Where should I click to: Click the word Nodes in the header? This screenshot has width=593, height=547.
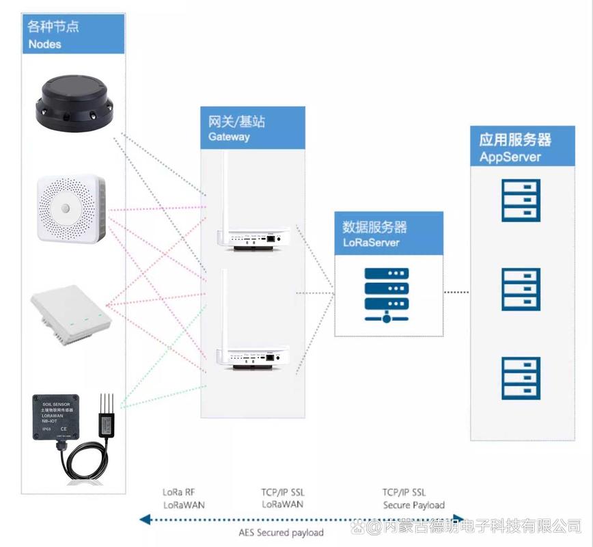[45, 44]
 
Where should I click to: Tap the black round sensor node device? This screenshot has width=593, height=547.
[75, 103]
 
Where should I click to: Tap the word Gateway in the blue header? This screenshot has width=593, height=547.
[230, 137]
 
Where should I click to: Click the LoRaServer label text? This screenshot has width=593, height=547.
[371, 243]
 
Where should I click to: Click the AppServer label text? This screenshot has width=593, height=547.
[510, 157]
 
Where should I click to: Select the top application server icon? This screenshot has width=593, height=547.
[521, 200]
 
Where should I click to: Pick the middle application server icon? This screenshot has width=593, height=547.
[521, 289]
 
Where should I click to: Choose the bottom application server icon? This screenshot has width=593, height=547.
[521, 377]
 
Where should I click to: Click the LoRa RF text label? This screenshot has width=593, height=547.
[180, 492]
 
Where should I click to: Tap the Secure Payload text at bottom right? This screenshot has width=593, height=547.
[413, 505]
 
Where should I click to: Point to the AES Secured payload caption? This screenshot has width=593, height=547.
[280, 532]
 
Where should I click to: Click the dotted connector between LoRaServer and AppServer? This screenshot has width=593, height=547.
[456, 293]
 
